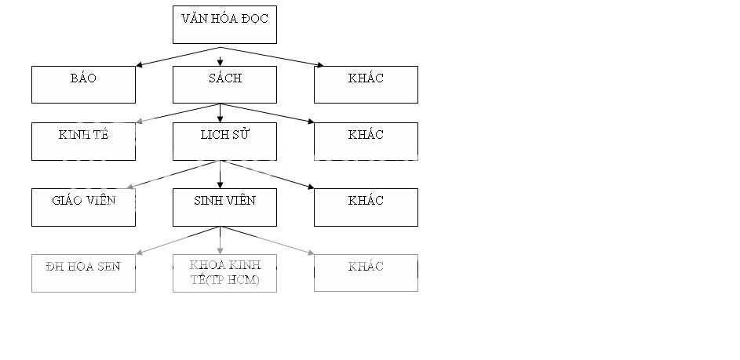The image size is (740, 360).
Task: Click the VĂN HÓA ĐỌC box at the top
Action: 224,24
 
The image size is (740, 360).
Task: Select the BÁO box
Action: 83,85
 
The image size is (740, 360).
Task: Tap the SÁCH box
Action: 224,85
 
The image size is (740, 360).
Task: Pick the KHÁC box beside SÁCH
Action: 366,85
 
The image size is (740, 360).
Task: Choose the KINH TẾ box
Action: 83,141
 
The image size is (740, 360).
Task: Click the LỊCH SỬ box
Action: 224,141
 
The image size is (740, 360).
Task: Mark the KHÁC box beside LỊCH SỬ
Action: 366,141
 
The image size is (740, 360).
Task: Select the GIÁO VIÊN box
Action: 83,207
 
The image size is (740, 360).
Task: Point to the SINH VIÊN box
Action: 224,207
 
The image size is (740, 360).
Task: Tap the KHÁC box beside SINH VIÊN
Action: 366,207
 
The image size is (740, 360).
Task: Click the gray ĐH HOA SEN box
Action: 83,273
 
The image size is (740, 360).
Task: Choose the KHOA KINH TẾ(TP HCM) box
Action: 224,273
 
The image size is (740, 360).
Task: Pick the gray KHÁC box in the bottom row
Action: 366,273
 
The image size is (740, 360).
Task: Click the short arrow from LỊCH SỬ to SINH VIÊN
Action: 220,174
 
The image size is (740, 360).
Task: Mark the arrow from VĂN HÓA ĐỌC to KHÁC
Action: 271,56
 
